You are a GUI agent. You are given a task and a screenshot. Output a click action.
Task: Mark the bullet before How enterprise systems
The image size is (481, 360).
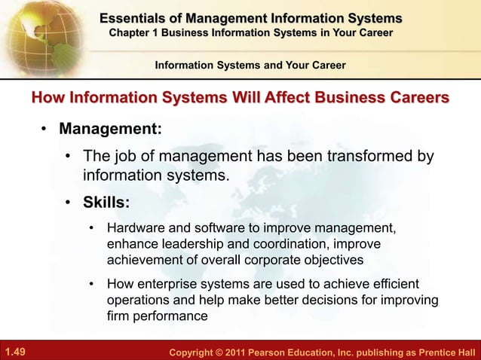pyautogui.click(x=92, y=284)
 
